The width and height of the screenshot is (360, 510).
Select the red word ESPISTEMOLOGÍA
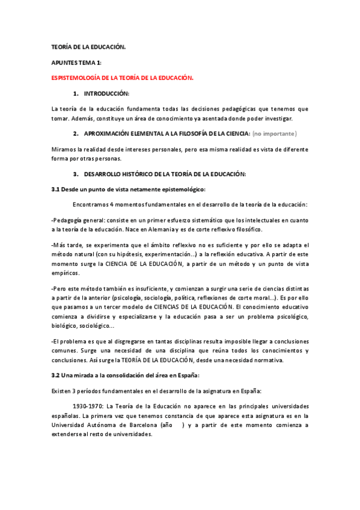78,78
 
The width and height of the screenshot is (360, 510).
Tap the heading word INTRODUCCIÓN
106,94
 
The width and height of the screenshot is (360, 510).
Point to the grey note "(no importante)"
275,133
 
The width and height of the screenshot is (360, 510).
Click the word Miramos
64,149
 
